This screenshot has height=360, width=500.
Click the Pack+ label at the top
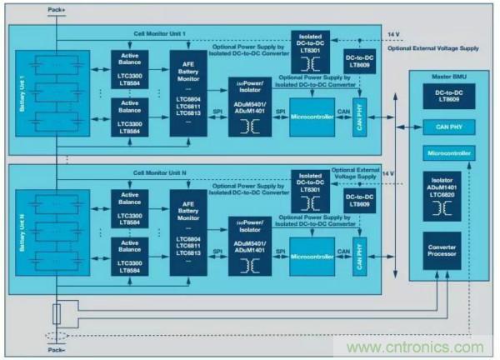point(56,8)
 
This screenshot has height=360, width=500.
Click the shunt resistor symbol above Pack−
point(56,314)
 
